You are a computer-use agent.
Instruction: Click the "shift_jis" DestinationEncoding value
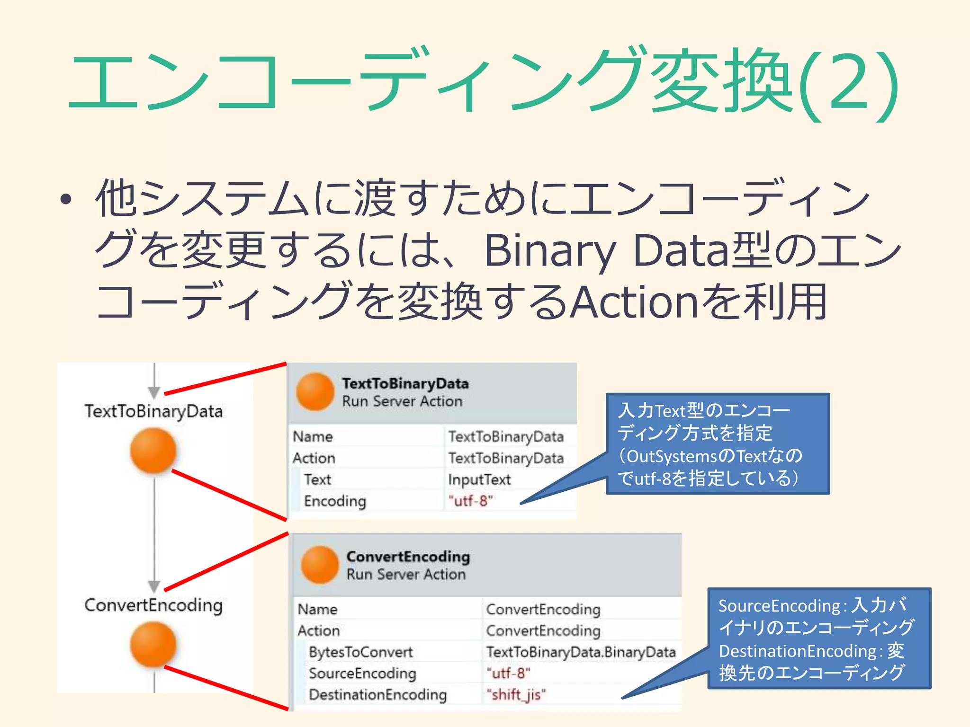coord(516,695)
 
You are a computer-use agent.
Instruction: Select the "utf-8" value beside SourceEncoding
coord(508,673)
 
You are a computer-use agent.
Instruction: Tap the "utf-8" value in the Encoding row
coord(470,501)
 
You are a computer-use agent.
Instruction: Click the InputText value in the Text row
coord(479,479)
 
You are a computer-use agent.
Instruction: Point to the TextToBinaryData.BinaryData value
coord(581,652)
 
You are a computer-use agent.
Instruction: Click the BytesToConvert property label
coord(360,652)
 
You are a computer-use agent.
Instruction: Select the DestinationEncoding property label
coord(377,695)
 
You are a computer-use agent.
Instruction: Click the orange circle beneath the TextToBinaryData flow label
coord(153,450)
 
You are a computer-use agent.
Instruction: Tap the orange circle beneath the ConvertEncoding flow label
coord(153,644)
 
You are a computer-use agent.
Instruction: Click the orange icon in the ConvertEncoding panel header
coord(320,565)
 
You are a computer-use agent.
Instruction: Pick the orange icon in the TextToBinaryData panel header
coord(315,391)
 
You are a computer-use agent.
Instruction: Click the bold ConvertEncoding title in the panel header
coord(408,557)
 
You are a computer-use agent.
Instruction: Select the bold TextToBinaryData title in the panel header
coord(405,383)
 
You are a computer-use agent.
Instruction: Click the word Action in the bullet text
coord(635,302)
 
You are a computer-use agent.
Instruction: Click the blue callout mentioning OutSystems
coord(718,444)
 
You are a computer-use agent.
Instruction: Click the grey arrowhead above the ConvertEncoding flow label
coord(154,586)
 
